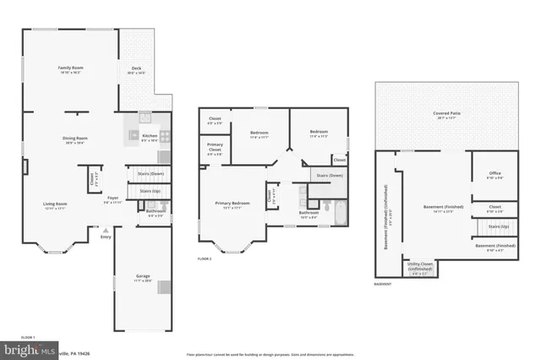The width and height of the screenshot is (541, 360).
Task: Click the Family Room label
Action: [x=69, y=68]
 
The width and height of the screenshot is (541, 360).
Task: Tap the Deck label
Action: [x=135, y=70]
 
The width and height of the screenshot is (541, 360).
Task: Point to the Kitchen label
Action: [x=149, y=137]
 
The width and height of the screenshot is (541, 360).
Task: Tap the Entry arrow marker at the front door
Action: [x=106, y=229]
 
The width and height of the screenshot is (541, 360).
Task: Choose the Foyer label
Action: [x=112, y=201]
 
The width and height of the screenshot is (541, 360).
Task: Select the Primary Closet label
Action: [x=216, y=150]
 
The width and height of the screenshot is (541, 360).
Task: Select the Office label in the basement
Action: [x=495, y=176]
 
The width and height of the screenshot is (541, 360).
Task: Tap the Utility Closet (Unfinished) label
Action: [x=419, y=266]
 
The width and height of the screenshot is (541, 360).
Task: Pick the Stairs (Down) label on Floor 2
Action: [x=330, y=176]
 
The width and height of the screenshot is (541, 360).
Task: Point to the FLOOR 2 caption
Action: [x=204, y=259]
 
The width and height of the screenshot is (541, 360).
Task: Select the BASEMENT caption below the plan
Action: [x=382, y=285]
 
